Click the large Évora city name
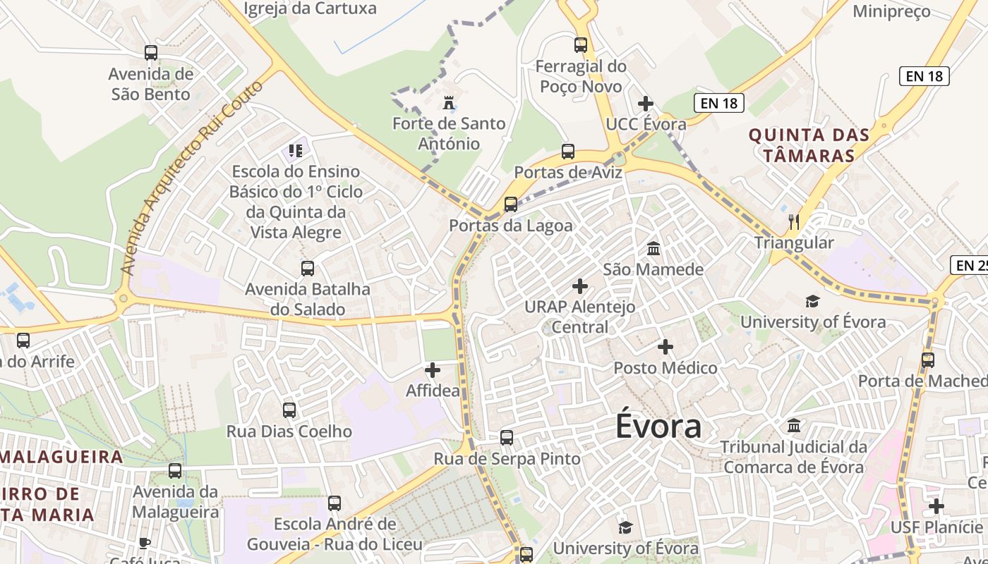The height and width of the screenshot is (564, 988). pos(658,427)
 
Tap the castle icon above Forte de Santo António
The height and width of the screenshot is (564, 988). pos(448,104)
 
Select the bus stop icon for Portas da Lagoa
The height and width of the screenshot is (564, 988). pos(510,205)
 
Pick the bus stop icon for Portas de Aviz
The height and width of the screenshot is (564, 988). pos(568,152)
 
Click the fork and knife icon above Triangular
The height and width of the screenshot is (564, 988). pos(794,222)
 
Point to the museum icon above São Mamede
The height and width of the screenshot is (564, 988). pos(653,249)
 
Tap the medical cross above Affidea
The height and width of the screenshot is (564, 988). pos(433,370)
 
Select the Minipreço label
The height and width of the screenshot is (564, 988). pos(891,11)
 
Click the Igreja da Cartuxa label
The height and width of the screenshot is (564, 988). pos(310,8)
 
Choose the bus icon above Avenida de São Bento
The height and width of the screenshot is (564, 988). pos(151,53)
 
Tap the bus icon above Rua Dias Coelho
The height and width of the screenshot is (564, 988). pos(289,410)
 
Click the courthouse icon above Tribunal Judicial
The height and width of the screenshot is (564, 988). pos(794,426)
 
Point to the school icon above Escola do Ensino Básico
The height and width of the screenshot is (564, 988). pos(295,150)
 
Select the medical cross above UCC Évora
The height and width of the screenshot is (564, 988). pos(646,104)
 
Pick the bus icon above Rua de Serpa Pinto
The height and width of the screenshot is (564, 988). pos(507,438)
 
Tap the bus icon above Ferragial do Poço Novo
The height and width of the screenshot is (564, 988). pos(581,46)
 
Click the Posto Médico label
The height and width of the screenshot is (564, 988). pos(665,368)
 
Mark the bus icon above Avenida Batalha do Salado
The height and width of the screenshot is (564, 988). pos(307,269)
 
